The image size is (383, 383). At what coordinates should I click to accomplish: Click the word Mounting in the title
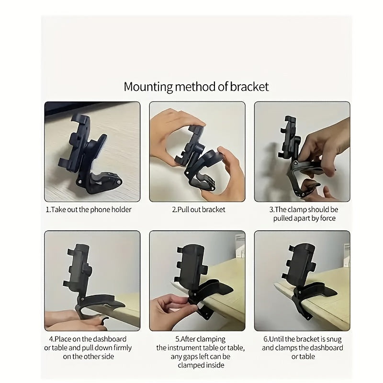coord(148,87)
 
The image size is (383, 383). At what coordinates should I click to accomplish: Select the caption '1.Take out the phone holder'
coord(89,210)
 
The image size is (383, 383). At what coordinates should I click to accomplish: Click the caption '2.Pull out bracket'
coord(198,210)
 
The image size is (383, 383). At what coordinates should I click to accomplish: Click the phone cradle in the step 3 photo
coord(290,136)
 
